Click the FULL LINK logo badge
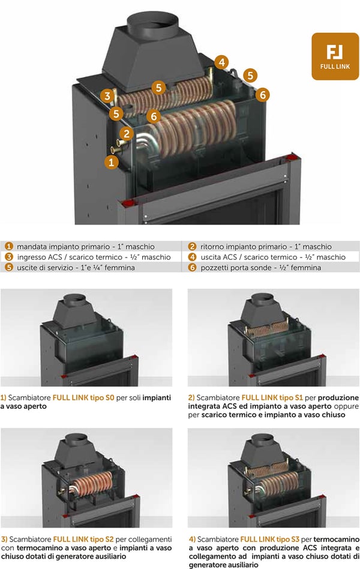click(x=335, y=56)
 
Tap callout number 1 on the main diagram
click(x=112, y=161)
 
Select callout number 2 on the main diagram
click(x=126, y=133)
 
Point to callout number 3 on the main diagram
click(x=107, y=96)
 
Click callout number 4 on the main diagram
click(x=221, y=62)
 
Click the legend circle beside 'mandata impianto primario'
click(x=9, y=247)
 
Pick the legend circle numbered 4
click(x=192, y=257)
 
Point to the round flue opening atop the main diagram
click(x=152, y=23)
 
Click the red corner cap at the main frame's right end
click(x=290, y=158)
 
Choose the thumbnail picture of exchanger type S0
click(x=86, y=337)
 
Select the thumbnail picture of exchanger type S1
click(x=274, y=337)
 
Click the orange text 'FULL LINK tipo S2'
click(x=83, y=539)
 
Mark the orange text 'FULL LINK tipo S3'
click(x=269, y=539)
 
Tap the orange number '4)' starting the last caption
click(x=193, y=539)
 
